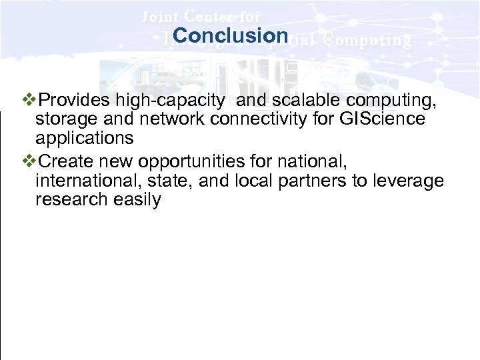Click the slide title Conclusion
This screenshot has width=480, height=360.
tap(230, 35)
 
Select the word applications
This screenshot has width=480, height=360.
tap(84, 139)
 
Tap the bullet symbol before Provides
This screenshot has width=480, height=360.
tap(31, 100)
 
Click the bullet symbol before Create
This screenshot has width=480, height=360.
tap(31, 161)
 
